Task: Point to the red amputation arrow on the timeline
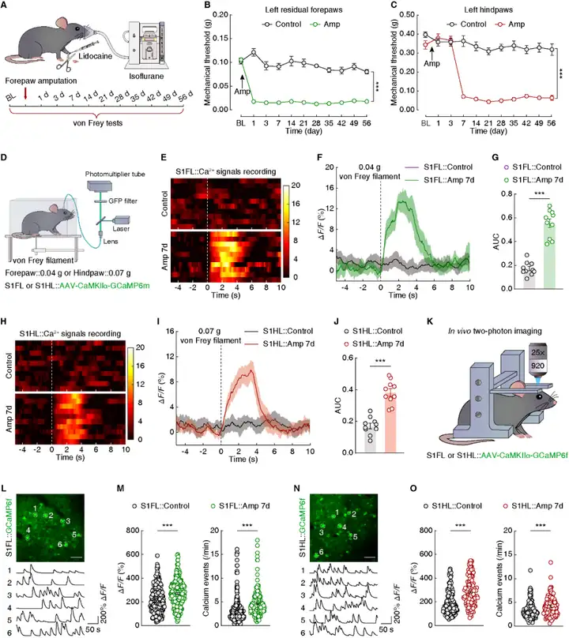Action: pos(27,96)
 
